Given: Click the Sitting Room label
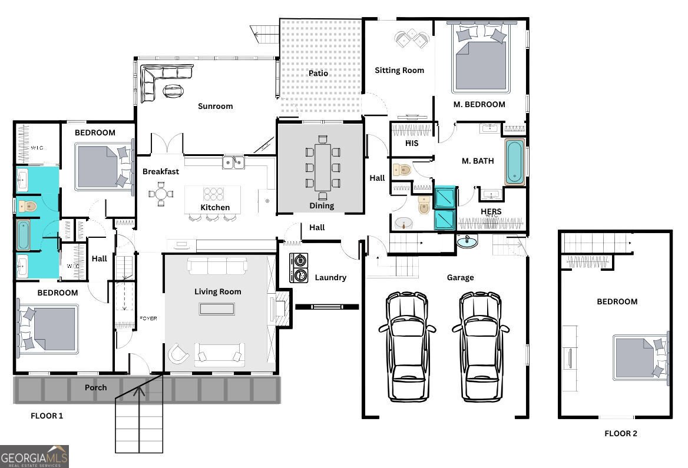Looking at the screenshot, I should point(399,70).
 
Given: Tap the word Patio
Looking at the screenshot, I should point(319,74).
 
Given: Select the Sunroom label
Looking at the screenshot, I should point(215,107).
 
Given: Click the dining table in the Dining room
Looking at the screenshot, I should point(322,167).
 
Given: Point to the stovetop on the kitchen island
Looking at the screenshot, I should point(213,194).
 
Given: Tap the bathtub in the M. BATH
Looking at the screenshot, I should point(514,162).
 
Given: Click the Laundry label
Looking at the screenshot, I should point(330,277).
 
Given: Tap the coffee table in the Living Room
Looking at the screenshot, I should point(217,308).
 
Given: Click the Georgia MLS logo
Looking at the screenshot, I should point(34,456).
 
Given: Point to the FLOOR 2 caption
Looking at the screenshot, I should point(621,434).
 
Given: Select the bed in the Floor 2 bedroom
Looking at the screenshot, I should point(640,357).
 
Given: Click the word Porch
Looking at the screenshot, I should point(95,387).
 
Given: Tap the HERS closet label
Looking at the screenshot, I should point(491,212).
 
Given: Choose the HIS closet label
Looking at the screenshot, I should point(412,143).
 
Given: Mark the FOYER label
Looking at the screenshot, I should point(148,318).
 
